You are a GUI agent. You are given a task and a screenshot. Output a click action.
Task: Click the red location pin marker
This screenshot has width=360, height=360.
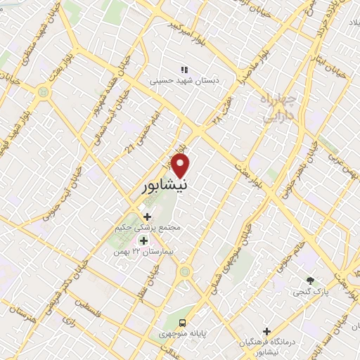pyautogui.click(x=181, y=166)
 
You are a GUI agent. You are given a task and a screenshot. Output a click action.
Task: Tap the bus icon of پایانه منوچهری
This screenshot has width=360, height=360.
pyautogui.click(x=183, y=323)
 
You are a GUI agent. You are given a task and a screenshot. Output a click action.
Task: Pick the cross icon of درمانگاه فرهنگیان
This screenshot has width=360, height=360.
pyautogui.click(x=266, y=331)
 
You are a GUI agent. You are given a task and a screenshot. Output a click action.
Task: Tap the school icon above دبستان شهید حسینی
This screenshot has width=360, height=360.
pyautogui.click(x=185, y=70)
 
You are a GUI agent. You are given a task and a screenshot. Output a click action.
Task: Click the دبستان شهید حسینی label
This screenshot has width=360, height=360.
pyautogui.click(x=184, y=81)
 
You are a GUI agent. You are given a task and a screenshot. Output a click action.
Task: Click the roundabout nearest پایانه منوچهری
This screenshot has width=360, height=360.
pyautogui.click(x=184, y=271)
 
